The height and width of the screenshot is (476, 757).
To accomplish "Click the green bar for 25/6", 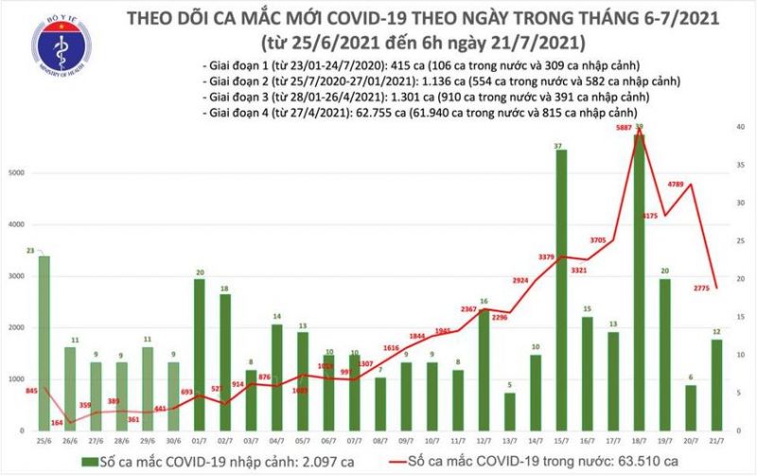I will point(44,343).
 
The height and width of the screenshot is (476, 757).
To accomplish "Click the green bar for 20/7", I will point(693,407).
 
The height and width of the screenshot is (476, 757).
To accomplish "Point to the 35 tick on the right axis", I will point(738,163).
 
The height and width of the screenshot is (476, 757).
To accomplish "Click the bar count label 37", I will point(560,146).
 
